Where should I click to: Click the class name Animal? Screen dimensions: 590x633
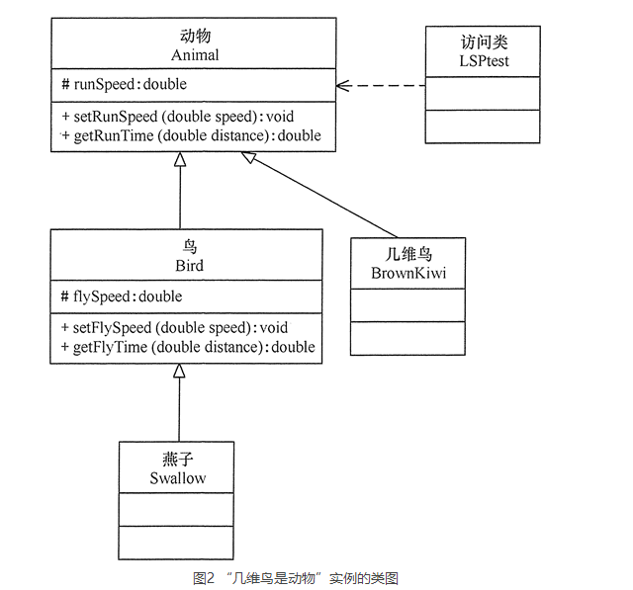(x=194, y=55)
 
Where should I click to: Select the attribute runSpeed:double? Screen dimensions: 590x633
(x=124, y=84)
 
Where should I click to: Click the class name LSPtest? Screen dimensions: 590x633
(x=483, y=61)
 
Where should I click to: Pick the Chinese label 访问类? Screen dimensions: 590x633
(x=483, y=42)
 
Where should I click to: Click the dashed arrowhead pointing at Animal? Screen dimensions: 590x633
(x=343, y=85)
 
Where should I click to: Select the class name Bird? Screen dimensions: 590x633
(x=187, y=266)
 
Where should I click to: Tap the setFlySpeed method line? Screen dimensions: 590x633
(x=174, y=328)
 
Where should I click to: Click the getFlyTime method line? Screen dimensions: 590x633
(x=187, y=347)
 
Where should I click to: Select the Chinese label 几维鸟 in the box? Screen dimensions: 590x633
(x=407, y=254)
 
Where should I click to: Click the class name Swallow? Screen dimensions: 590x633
(x=177, y=478)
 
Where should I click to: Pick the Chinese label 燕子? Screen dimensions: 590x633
(x=177, y=460)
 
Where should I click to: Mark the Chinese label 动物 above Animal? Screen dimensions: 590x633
(x=194, y=37)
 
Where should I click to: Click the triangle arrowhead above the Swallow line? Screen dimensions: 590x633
(x=179, y=371)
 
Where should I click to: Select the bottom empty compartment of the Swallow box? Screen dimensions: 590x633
(x=177, y=543)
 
